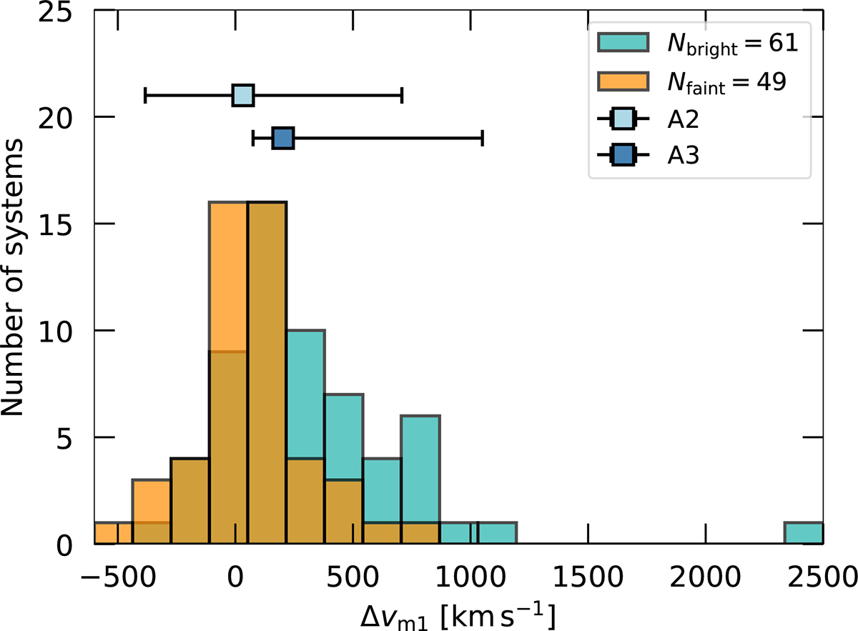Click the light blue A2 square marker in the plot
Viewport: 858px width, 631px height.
pos(243,95)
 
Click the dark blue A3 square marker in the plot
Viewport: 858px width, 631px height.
pos(283,138)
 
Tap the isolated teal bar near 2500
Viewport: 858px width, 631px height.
pos(804,534)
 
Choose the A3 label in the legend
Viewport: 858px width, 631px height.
pos(683,156)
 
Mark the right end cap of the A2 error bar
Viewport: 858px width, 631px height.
pos(402,95)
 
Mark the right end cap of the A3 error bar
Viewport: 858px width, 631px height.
pos(483,138)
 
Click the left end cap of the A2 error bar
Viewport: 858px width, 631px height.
pos(145,95)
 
